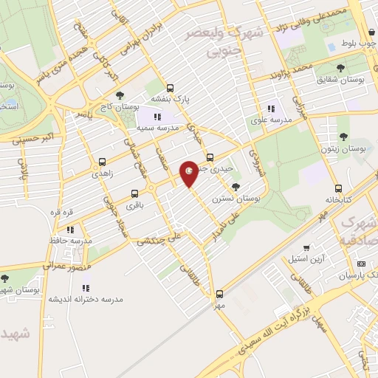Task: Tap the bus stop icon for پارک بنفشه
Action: click(x=171, y=86)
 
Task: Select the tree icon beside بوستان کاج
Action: click(x=120, y=95)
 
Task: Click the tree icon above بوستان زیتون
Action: click(x=343, y=135)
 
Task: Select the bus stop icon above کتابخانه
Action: click(x=338, y=188)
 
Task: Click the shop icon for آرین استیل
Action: click(x=306, y=247)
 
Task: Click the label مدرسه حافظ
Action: click(x=75, y=241)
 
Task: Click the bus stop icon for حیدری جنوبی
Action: click(x=210, y=157)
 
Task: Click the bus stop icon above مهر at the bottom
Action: click(x=219, y=292)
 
